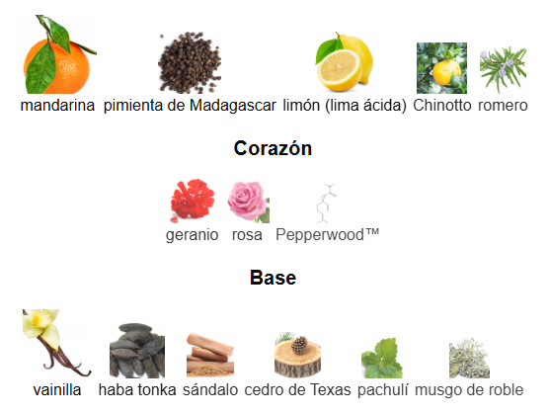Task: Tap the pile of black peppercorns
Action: click(x=190, y=62)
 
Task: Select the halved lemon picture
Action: click(x=345, y=62)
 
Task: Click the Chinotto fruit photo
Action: click(x=441, y=68)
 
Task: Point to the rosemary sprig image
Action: click(x=503, y=70)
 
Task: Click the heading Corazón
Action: click(x=273, y=148)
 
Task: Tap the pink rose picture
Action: click(x=248, y=203)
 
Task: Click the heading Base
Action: click(x=274, y=278)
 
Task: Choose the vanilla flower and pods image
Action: click(x=56, y=343)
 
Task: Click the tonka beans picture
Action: click(x=137, y=351)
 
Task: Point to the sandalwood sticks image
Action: click(x=210, y=356)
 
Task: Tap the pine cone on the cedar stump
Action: click(x=300, y=345)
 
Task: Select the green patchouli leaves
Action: click(x=382, y=358)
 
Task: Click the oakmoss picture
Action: click(x=469, y=359)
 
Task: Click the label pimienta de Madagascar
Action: click(x=190, y=106)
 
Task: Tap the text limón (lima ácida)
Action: click(x=345, y=106)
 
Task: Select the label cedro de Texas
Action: click(x=297, y=390)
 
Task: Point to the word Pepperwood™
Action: click(x=328, y=235)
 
